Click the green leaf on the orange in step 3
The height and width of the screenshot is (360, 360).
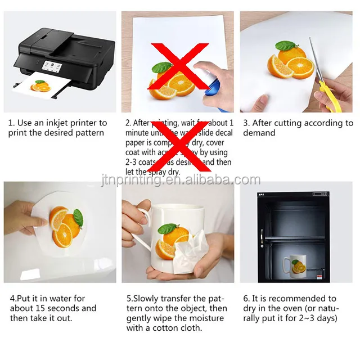(286, 47)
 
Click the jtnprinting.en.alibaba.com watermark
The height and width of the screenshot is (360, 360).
(180, 180)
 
